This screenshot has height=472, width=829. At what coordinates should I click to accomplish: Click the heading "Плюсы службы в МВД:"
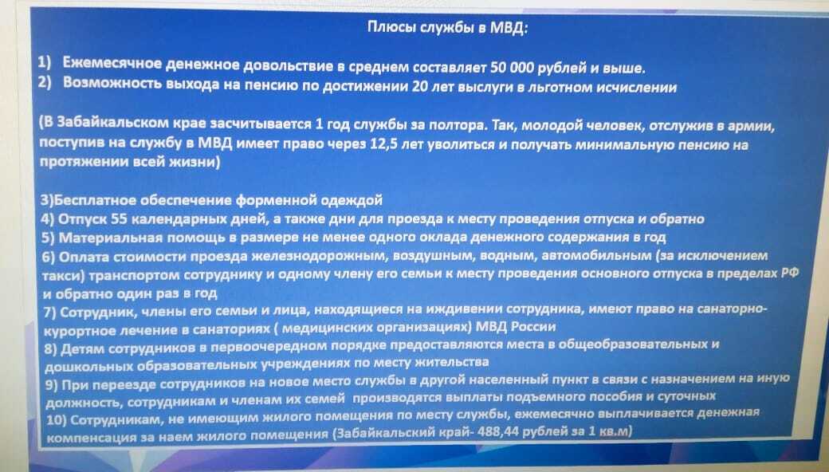tap(447, 27)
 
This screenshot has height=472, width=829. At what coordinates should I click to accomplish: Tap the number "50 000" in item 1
tap(515, 68)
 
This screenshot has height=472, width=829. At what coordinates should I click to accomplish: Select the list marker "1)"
tap(45, 63)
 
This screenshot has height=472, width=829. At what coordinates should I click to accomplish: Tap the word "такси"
tap(63, 276)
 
